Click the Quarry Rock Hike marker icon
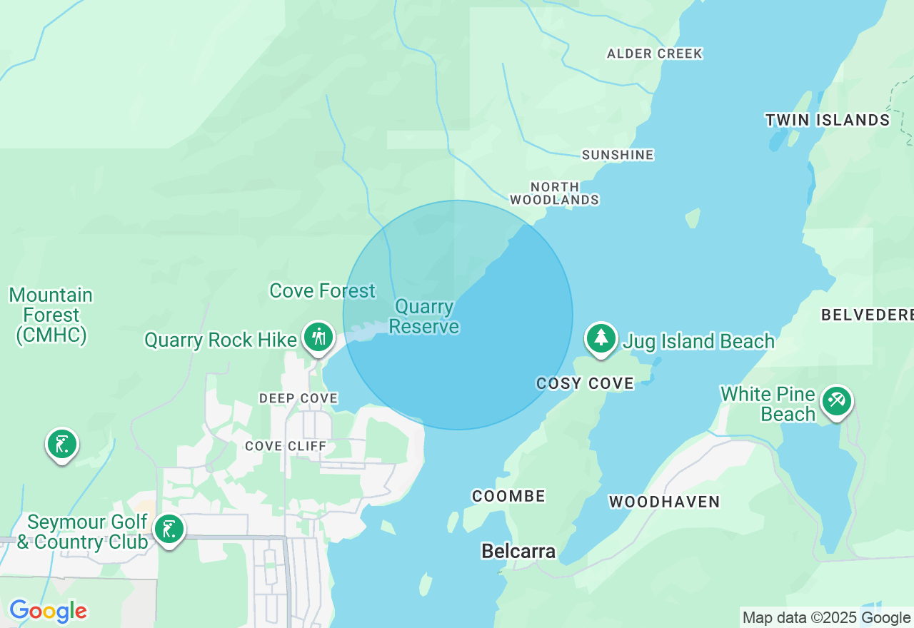pyautogui.click(x=318, y=337)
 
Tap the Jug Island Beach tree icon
pyautogui.click(x=601, y=338)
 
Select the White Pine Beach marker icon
pyautogui.click(x=835, y=401)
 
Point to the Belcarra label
pyautogui.click(x=518, y=551)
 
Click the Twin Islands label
pyautogui.click(x=828, y=120)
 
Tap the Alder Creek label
pyautogui.click(x=655, y=54)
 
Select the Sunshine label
pyautogui.click(x=618, y=155)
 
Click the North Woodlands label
pyautogui.click(x=555, y=193)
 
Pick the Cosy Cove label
pyautogui.click(x=585, y=384)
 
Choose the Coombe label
pyautogui.click(x=508, y=496)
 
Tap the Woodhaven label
pyautogui.click(x=664, y=502)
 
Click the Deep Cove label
pyautogui.click(x=298, y=398)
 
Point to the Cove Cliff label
pyautogui.click(x=286, y=446)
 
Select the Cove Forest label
pyautogui.click(x=322, y=291)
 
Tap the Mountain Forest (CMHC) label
pyautogui.click(x=51, y=315)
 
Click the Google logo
pyautogui.click(x=48, y=612)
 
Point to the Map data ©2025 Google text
pyautogui.click(x=826, y=618)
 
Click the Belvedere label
pyautogui.click(x=867, y=315)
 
